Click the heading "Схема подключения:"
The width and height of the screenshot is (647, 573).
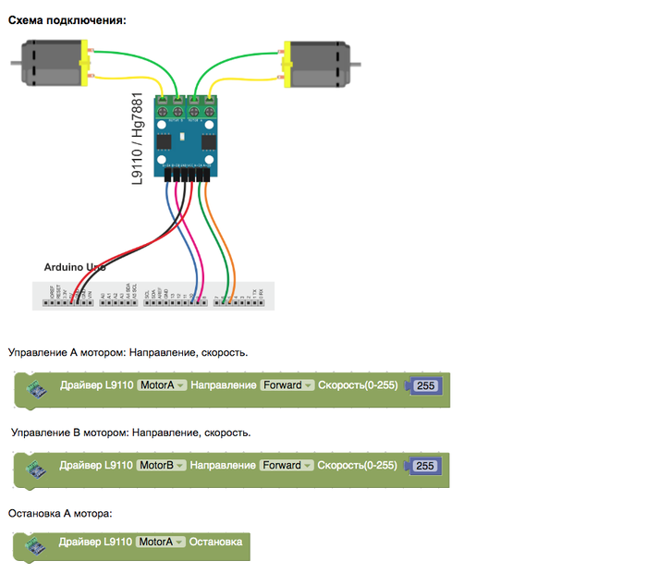pos(67,19)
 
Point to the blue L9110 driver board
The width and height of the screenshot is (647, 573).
pos(189,134)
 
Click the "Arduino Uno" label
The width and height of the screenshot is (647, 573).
pos(75,267)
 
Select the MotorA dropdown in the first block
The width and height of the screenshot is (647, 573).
pos(162,385)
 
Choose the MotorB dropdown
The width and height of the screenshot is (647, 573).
pos(162,465)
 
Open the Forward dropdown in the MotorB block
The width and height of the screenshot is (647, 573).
pos(287,465)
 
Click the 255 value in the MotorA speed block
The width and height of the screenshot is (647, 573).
pos(426,386)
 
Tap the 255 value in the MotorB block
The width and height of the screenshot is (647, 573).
pos(426,466)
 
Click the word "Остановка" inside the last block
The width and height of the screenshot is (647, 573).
pos(215,542)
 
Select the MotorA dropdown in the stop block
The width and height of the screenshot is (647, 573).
pos(162,542)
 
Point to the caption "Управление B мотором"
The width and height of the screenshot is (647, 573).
pos(129,432)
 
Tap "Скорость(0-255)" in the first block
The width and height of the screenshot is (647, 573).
pos(358,385)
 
